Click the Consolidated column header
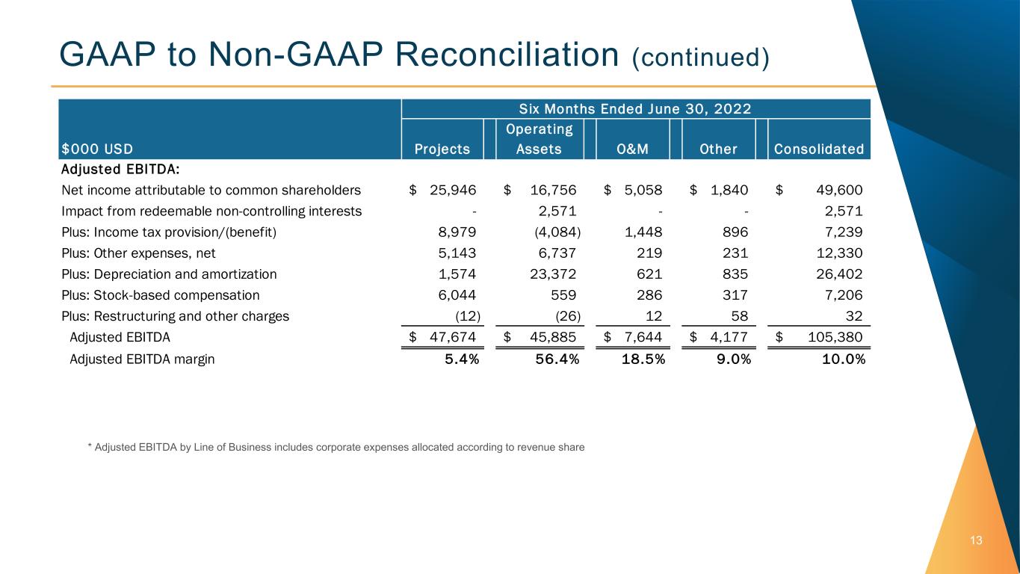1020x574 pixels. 819,149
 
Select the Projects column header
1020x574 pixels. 443,149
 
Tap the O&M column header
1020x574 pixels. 631,149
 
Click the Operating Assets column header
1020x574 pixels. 539,139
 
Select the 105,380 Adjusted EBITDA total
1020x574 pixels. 831,336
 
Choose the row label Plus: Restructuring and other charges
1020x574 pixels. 175,315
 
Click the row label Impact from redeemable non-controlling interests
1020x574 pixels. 211,211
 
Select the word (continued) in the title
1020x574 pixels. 700,57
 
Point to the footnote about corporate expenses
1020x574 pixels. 336,447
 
